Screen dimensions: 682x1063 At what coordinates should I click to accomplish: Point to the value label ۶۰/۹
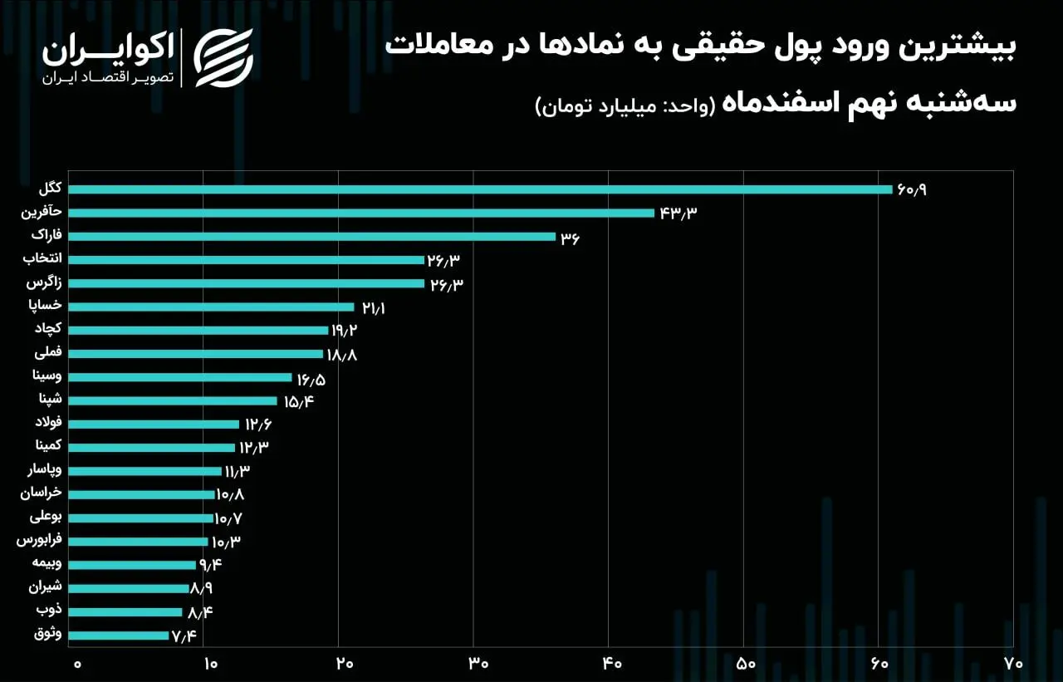pos(911,190)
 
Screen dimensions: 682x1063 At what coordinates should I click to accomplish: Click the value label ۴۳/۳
pos(678,213)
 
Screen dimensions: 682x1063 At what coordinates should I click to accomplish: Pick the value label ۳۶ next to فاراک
pos(570,238)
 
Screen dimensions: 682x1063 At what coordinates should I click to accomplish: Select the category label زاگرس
pos(42,283)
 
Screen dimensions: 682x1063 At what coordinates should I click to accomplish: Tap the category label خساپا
pos(44,307)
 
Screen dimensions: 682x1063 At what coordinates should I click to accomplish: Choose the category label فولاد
pos(47,424)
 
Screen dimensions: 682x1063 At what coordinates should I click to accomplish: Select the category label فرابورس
pos(39,541)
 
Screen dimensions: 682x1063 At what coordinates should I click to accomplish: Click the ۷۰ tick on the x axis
pos(1012,664)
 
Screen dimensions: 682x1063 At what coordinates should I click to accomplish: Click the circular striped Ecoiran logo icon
pos(223,58)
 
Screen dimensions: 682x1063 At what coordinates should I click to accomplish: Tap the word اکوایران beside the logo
pos(108,50)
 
